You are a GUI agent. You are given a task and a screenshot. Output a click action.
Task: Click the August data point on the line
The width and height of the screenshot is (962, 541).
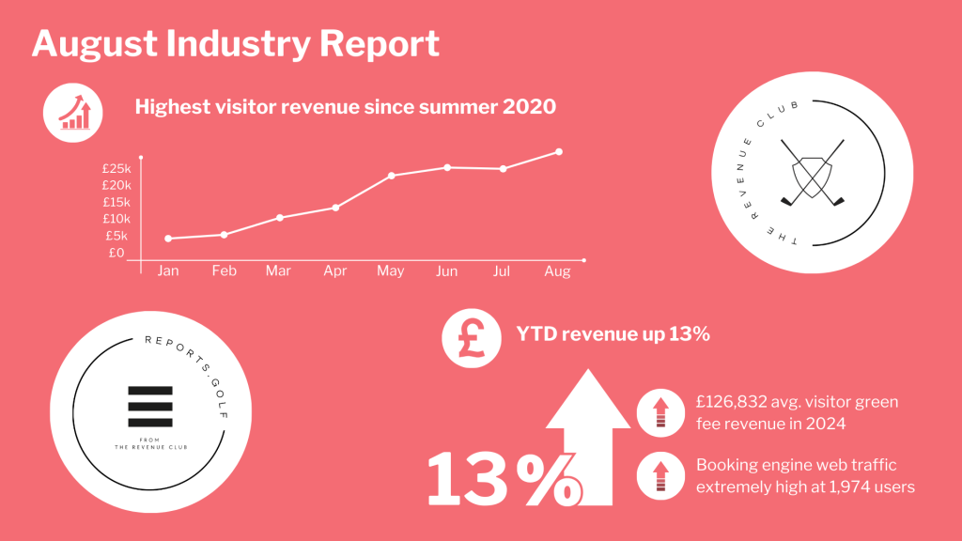point(559,151)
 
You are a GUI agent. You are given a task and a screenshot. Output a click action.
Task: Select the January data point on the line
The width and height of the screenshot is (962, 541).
point(168,239)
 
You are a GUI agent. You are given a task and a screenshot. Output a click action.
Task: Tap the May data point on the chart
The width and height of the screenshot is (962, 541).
point(391,176)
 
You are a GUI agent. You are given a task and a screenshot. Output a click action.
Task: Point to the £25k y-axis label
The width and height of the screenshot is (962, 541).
point(116,168)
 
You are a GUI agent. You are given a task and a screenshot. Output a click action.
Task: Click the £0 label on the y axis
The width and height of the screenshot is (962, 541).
point(116,253)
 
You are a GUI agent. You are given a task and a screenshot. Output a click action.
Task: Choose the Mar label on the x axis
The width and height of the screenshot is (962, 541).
point(278,271)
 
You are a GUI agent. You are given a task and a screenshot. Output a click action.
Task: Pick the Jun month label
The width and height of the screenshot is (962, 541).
point(446,271)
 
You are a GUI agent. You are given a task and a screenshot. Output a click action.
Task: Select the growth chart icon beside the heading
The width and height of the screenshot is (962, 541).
point(73,113)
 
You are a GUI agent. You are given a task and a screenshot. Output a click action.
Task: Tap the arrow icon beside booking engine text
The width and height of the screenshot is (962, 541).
point(659,476)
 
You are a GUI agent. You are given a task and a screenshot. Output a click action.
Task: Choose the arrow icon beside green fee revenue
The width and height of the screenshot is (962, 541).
point(659,413)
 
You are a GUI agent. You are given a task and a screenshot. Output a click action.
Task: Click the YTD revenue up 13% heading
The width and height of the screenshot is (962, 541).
point(613,334)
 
